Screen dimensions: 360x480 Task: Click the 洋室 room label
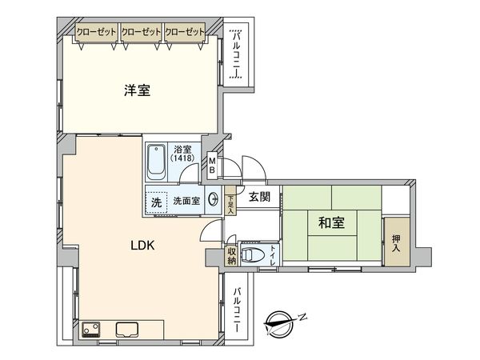[138, 91]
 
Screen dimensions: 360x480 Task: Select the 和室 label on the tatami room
[332, 223]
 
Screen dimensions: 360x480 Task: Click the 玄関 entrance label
[258, 197]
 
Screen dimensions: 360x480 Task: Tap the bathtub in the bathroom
[158, 163]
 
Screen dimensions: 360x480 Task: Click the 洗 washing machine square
[157, 202]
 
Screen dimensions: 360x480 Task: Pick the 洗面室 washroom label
[186, 202]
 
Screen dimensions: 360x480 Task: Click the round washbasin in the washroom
[214, 201]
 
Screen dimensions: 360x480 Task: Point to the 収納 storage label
[231, 256]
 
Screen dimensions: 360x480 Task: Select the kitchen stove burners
[90, 329]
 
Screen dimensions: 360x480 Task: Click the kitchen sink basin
[129, 328]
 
